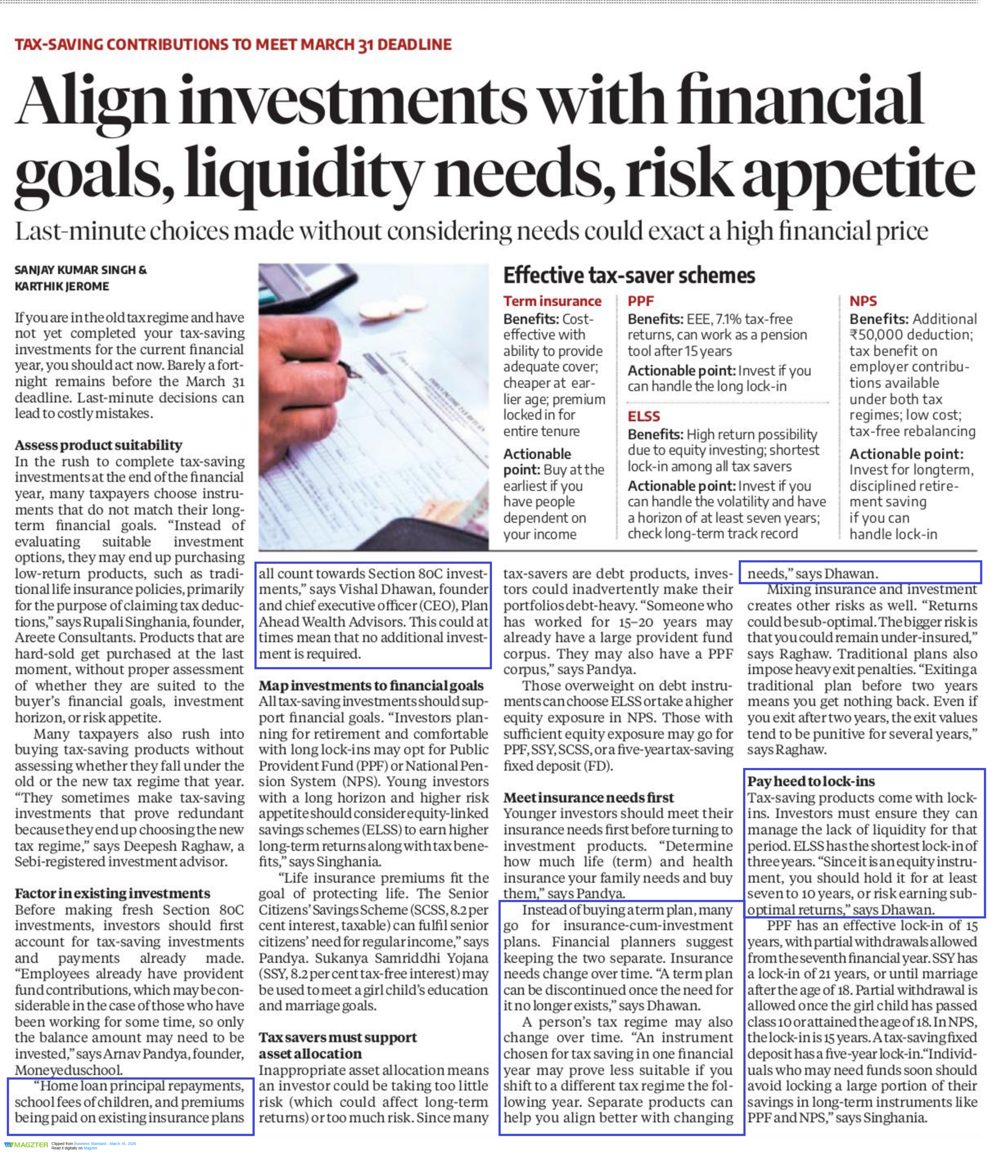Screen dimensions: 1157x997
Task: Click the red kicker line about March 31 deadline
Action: pos(233,45)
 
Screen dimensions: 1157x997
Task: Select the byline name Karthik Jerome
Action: pos(62,287)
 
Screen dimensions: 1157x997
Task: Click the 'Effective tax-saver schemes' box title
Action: pos(629,276)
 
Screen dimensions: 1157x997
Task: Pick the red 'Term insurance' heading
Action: pos(552,301)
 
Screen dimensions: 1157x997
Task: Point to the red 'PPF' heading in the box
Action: pos(640,301)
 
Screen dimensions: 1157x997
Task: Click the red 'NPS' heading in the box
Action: pos(863,301)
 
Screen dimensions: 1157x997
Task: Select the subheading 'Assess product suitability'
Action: pos(98,445)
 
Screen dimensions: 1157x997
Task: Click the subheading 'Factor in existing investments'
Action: pos(112,894)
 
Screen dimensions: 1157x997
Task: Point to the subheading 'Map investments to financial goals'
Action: pos(371,686)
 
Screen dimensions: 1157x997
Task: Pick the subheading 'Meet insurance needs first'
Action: pos(588,797)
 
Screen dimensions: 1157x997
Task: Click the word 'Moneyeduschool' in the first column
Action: pos(68,1070)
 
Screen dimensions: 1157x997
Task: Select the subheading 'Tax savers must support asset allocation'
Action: pos(338,1046)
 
